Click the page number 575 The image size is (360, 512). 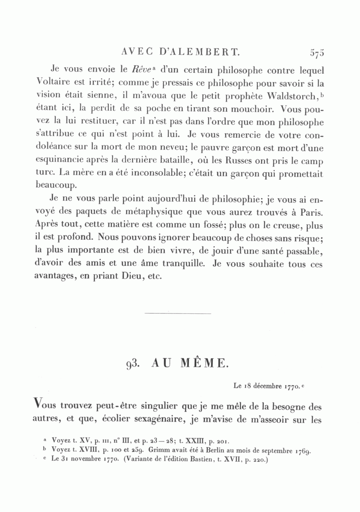coord(316,52)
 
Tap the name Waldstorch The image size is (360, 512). coord(291,97)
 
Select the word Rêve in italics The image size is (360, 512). coord(140,71)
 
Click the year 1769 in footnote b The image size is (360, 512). coord(303,450)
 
